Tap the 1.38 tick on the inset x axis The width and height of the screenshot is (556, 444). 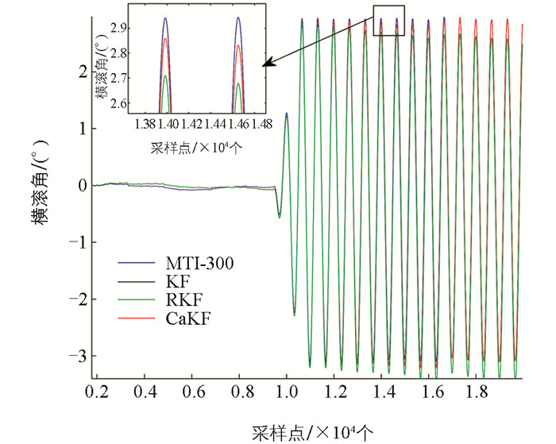(x=145, y=125)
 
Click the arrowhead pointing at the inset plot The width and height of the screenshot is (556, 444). (x=268, y=61)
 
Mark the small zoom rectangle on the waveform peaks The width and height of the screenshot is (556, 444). (x=389, y=21)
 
